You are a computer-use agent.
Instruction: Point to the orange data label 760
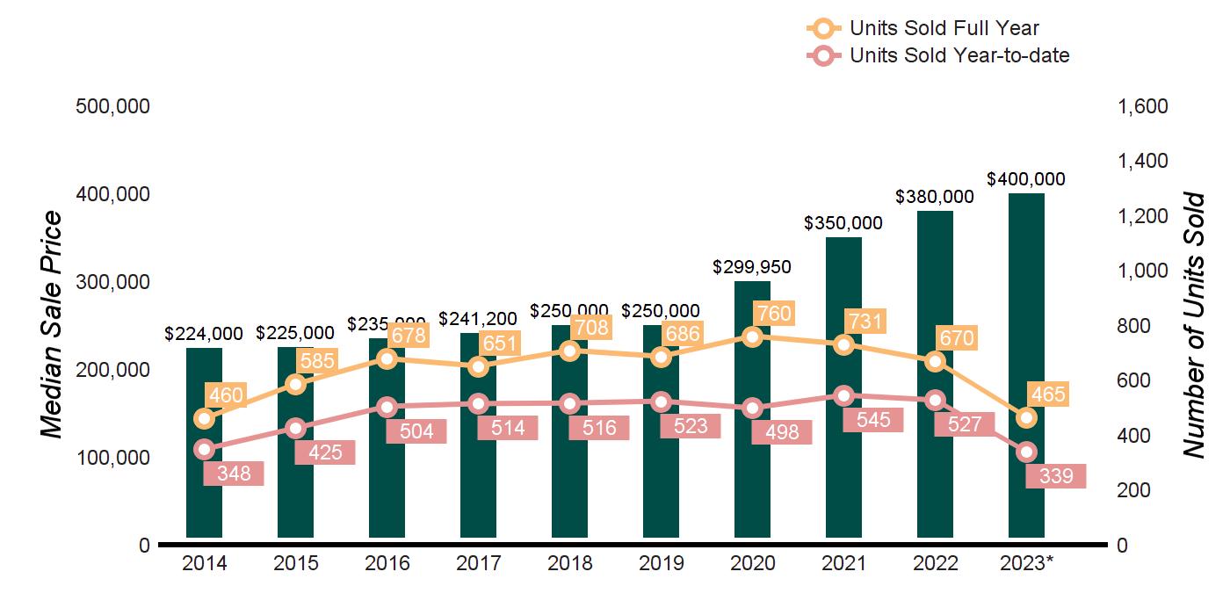point(773,314)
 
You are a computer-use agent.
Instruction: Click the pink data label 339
point(1056,476)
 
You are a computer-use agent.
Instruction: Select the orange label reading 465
point(1047,394)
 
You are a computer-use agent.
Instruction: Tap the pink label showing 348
point(234,474)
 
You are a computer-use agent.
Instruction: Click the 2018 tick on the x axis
point(569,563)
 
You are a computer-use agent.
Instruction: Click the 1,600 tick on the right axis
point(1142,106)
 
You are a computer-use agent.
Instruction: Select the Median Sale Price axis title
point(53,325)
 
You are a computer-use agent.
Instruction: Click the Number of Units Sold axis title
point(1193,325)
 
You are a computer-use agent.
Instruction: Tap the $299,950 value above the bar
point(752,266)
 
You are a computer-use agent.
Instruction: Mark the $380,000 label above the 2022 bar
point(935,197)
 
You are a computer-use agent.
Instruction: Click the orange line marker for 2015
point(295,384)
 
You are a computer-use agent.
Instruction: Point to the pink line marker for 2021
point(843,395)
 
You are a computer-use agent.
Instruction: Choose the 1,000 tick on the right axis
point(1142,271)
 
